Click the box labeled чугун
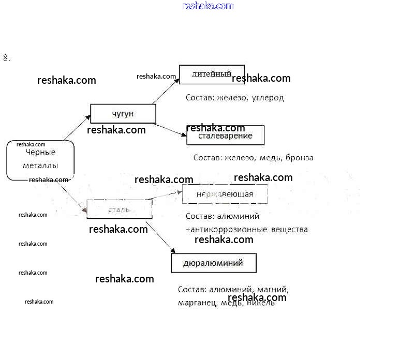(123, 114)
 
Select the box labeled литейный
(212, 74)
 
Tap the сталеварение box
(225, 136)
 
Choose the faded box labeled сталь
(119, 209)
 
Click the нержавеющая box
(225, 194)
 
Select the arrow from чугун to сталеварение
(171, 129)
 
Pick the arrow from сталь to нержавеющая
(165, 196)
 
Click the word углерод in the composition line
(268, 98)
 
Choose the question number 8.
(6, 58)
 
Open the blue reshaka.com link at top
(208, 6)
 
